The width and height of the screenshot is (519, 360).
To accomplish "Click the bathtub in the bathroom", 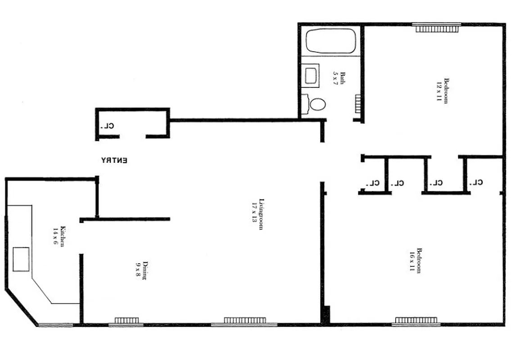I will click(331, 41).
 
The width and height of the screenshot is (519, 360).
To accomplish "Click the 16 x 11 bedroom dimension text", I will click(411, 261).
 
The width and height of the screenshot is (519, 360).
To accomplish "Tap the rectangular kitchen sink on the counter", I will click(21, 259).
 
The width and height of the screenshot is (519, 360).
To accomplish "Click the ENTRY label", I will click(114, 160).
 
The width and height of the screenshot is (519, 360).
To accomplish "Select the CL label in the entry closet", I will click(108, 126).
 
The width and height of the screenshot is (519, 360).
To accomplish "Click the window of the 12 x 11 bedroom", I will click(437, 28).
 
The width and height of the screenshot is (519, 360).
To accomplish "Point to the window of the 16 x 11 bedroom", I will click(416, 321).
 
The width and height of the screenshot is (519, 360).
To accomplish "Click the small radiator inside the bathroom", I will click(359, 105).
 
